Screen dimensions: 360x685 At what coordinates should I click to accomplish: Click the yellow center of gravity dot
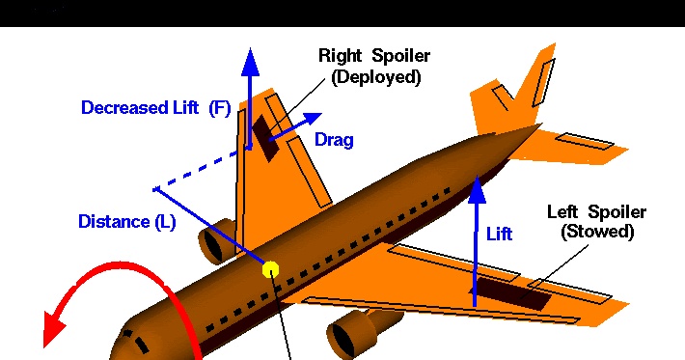(x=270, y=269)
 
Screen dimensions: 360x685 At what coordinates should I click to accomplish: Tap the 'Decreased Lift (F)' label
(x=155, y=108)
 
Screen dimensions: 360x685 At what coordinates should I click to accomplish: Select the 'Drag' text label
(x=334, y=141)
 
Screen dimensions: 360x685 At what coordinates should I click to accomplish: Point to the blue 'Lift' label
(x=499, y=234)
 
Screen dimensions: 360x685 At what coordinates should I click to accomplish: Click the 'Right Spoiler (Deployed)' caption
(x=375, y=67)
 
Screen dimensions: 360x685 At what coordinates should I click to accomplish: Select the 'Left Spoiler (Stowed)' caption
(x=596, y=222)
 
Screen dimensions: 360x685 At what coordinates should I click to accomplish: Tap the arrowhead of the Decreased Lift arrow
(x=250, y=60)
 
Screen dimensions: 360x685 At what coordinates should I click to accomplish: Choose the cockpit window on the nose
(x=138, y=343)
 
